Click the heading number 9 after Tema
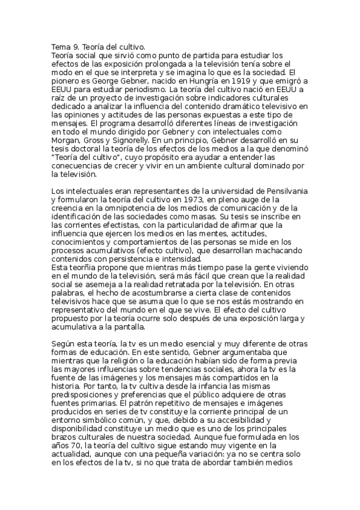[x=75, y=46]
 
